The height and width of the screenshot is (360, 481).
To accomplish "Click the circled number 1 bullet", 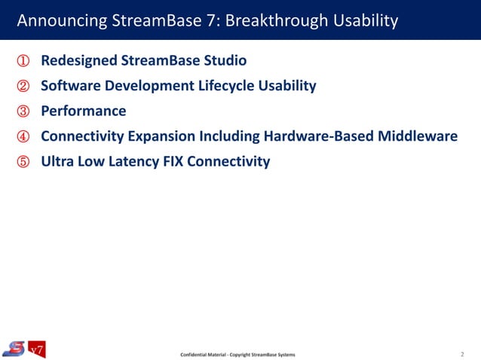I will [22, 60].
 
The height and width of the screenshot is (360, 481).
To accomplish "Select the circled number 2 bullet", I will [22, 86].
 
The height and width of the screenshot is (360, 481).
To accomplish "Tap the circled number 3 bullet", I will [22, 111].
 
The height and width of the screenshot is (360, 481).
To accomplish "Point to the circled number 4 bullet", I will [22, 136].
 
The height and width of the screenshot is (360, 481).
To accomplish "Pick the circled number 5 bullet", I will [22, 161].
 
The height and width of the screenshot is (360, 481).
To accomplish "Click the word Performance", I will [84, 111].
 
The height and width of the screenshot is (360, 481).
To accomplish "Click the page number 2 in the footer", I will [462, 352].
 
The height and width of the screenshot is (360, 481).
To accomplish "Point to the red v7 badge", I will [37, 349].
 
